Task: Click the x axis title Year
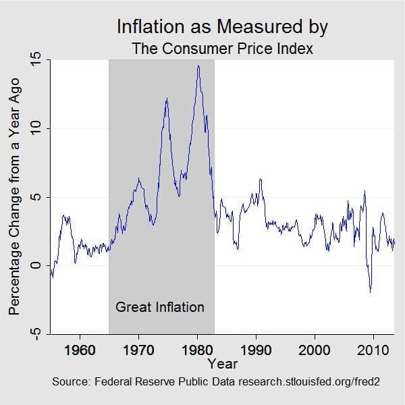pos(223,364)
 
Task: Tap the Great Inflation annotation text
pos(160,307)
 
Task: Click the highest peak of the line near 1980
pos(198,65)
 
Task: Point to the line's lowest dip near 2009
pos(370,292)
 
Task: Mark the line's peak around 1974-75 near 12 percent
pos(166,99)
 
